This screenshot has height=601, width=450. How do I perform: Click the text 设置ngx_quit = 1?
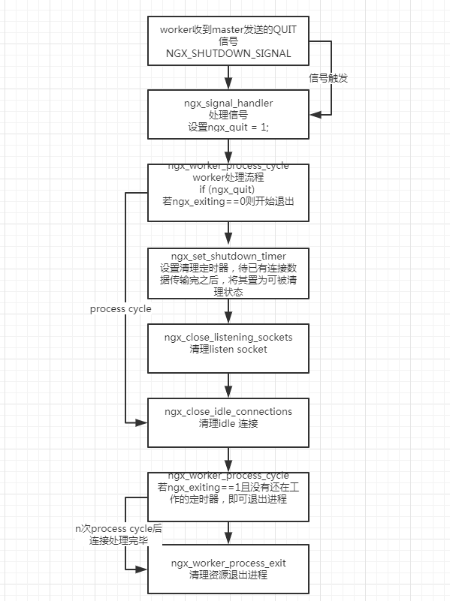click(228, 128)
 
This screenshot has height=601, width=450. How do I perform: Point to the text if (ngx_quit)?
click(228, 190)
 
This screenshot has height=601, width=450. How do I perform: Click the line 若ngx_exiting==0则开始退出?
click(228, 203)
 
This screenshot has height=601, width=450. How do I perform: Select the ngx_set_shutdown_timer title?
click(228, 255)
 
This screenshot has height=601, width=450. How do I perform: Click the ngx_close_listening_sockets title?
click(228, 337)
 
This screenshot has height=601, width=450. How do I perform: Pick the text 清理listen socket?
click(228, 350)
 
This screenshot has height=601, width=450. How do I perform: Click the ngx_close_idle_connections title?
click(228, 411)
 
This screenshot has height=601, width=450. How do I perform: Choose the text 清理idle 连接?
click(228, 424)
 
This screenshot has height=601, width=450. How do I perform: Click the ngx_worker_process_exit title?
click(228, 562)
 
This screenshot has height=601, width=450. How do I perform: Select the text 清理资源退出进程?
click(228, 575)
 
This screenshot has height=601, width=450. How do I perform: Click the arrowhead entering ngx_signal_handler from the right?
click(315, 114)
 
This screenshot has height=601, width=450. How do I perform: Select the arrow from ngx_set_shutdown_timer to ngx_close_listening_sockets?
click(228, 311)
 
